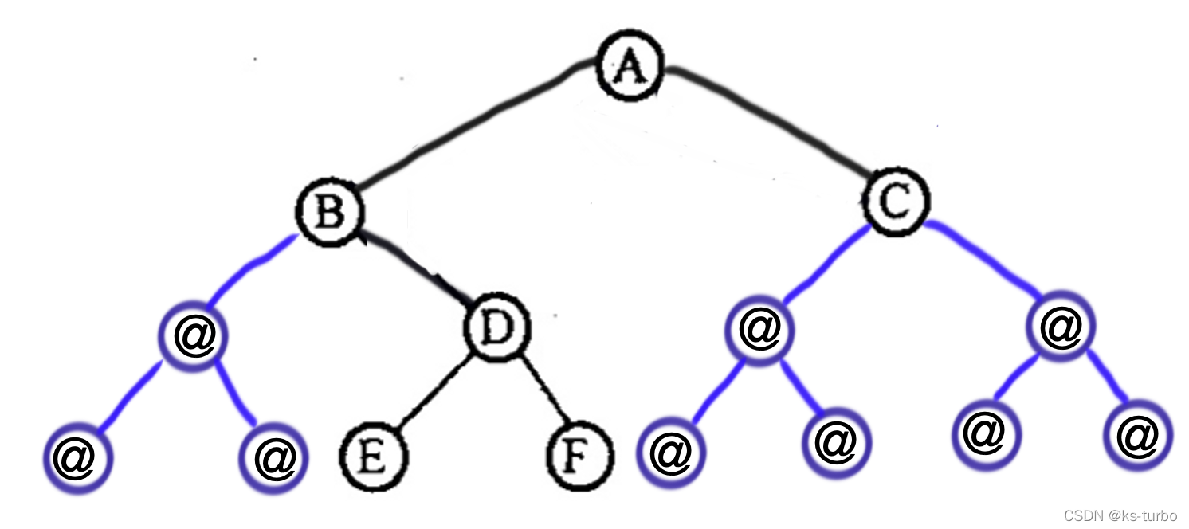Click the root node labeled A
(x=630, y=68)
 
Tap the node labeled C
(x=896, y=202)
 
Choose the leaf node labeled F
(x=580, y=455)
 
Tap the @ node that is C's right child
(x=1061, y=327)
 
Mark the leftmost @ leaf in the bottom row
(x=77, y=458)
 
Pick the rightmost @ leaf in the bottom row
(x=1137, y=436)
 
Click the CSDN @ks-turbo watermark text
(x=1120, y=515)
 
